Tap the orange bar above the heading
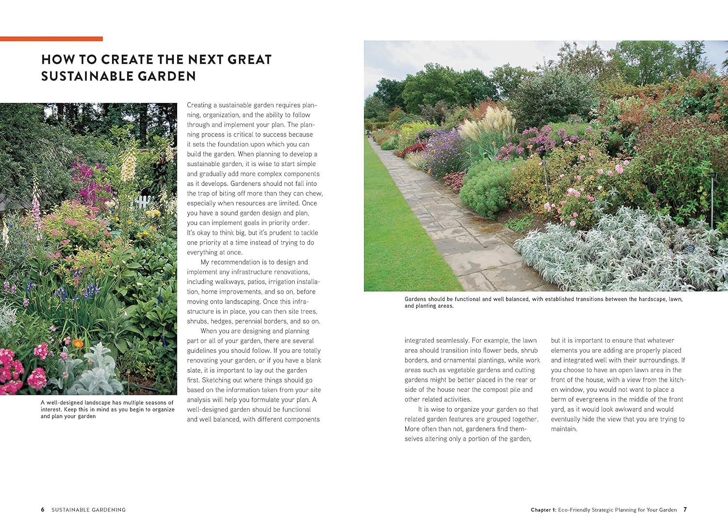tap(51, 39)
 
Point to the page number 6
tap(43, 510)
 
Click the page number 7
tap(685, 510)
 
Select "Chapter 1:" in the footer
tap(543, 510)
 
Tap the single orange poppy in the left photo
tap(77, 344)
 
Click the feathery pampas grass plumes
tap(488, 121)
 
